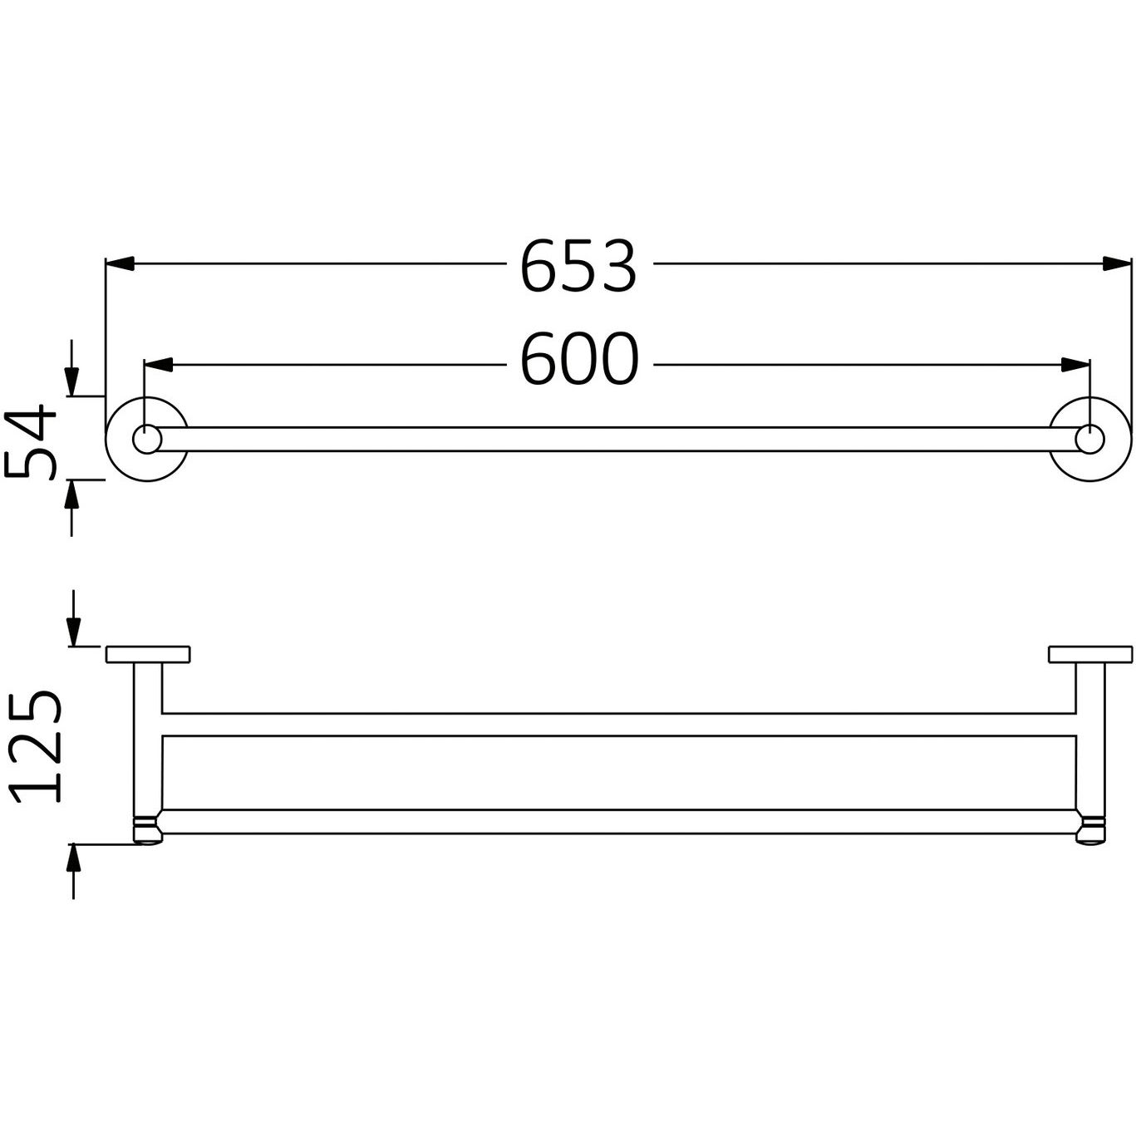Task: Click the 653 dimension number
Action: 578,267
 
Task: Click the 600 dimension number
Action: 579,360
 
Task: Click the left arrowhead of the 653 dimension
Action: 120,263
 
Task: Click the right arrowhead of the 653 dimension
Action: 1117,263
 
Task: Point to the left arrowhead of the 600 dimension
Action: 158,365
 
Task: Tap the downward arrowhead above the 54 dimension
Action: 72,381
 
